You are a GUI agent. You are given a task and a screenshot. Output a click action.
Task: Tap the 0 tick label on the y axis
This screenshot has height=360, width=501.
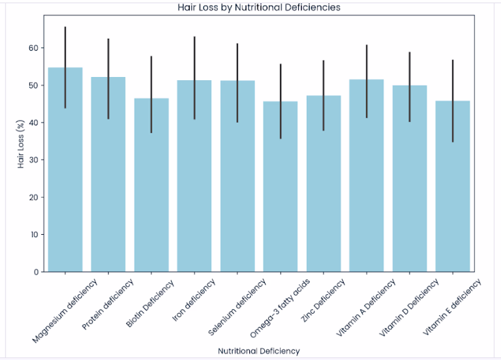click(36, 272)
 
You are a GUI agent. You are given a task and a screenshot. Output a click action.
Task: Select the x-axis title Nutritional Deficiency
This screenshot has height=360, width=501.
click(259, 351)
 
